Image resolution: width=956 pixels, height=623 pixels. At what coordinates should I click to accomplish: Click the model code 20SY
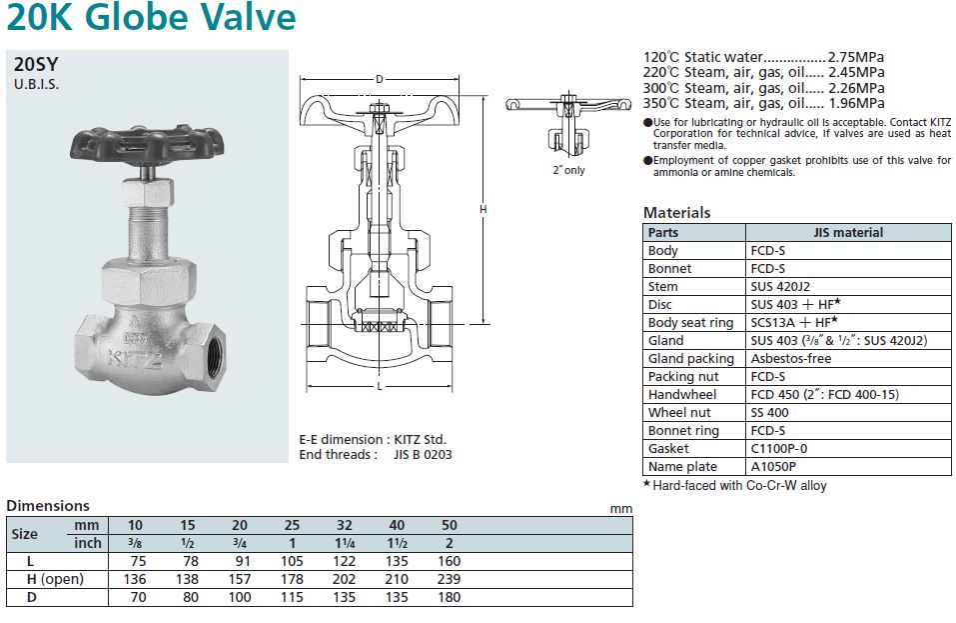[36, 64]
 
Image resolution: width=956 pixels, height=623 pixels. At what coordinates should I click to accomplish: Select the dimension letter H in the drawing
[482, 209]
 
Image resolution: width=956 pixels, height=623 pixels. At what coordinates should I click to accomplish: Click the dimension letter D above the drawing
[380, 79]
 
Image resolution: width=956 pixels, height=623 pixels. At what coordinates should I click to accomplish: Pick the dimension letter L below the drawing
[380, 386]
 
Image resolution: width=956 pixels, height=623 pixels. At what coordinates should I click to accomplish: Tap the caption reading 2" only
[568, 170]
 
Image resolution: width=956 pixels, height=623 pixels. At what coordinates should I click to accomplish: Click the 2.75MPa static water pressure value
[856, 57]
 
